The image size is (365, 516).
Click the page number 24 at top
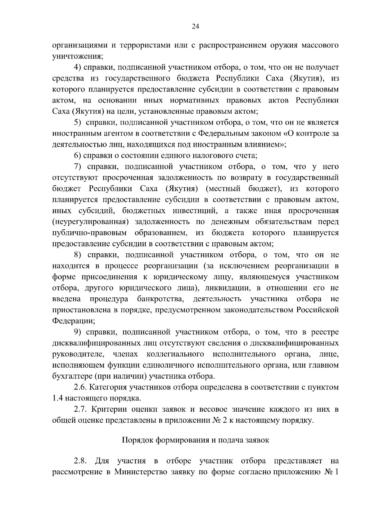coord(195,27)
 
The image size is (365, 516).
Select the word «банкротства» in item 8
coord(161,299)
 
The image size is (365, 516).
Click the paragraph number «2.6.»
coord(80,387)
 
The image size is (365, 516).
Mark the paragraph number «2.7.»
coord(80,409)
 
